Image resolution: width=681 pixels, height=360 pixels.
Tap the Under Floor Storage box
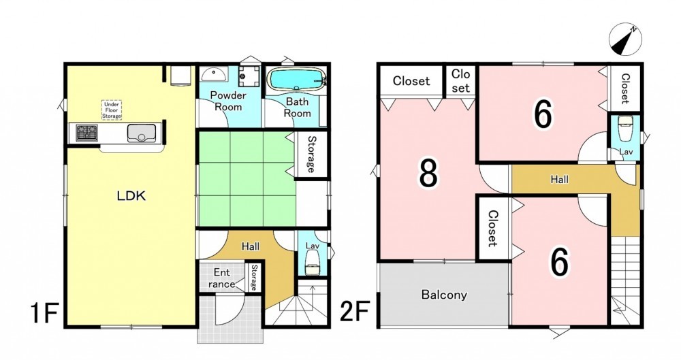(x=112, y=110)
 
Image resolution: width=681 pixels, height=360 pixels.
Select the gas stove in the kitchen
(x=87, y=133)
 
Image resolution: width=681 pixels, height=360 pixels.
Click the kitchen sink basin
(x=142, y=133)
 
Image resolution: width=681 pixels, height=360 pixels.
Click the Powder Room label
(x=228, y=101)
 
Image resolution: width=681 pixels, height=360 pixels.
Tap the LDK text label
(x=131, y=196)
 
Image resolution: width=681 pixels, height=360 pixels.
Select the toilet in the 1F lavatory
(x=313, y=262)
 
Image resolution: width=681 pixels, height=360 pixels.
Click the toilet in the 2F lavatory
(x=625, y=129)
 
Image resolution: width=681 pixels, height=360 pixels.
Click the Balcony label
(x=444, y=295)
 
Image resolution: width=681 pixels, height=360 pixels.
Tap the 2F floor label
(x=354, y=312)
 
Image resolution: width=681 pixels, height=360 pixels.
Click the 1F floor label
(x=44, y=314)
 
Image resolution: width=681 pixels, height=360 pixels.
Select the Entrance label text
(x=222, y=278)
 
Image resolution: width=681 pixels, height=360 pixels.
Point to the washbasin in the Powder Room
(x=214, y=74)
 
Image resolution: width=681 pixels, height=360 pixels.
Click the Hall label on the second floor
(x=559, y=179)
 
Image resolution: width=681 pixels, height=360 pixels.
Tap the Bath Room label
(x=297, y=108)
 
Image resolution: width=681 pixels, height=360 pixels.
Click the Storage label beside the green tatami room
(x=311, y=154)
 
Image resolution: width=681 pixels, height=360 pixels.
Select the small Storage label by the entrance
(x=254, y=278)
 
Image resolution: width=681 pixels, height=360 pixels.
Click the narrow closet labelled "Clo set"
(x=460, y=81)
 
